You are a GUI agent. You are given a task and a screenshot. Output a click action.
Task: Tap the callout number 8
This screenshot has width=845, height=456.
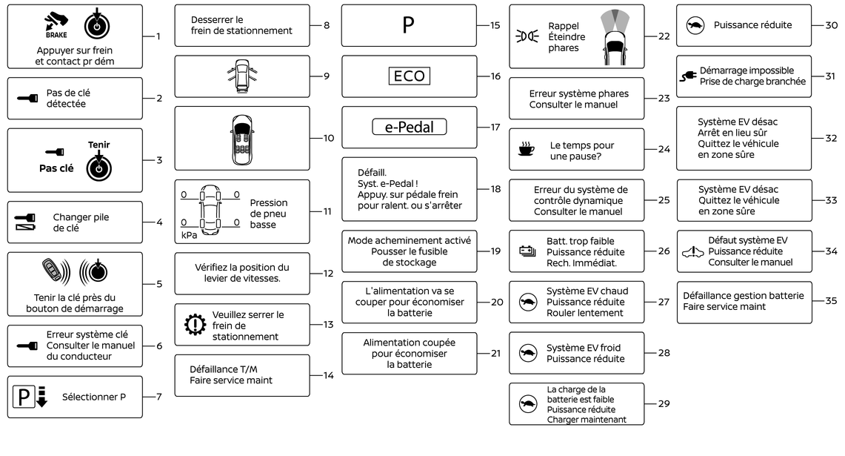coord(327,25)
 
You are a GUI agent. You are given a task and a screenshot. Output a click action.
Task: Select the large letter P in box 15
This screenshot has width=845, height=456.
coord(408,25)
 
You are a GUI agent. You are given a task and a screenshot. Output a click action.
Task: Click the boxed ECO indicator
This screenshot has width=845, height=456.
coord(409,76)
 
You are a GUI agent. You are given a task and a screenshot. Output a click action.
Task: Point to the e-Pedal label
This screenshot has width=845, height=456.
coord(409,128)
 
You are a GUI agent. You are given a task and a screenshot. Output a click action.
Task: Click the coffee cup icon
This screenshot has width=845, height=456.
coord(526,151)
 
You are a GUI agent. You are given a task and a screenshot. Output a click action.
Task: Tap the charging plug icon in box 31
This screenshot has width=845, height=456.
coord(688,76)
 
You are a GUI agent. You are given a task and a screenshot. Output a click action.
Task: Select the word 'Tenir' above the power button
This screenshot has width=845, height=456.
coord(98,145)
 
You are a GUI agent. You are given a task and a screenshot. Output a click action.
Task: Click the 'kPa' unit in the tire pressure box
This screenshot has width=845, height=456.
coord(189,235)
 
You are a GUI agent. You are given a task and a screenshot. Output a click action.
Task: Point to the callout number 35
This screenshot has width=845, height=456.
coord(831,301)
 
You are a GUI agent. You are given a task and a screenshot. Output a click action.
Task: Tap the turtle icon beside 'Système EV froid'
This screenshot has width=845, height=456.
coord(527,354)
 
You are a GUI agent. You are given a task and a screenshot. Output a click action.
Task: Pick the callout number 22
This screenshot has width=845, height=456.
coord(664,36)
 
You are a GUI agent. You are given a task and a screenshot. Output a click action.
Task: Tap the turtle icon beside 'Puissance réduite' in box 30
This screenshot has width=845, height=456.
coord(695,25)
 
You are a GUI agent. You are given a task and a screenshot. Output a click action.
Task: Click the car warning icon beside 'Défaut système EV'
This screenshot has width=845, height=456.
coord(692,252)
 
